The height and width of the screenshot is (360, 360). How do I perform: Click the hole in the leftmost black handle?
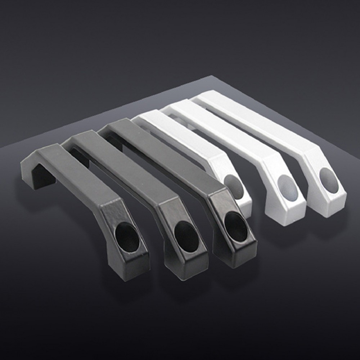127,237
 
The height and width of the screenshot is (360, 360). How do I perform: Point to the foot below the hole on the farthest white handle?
329,207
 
